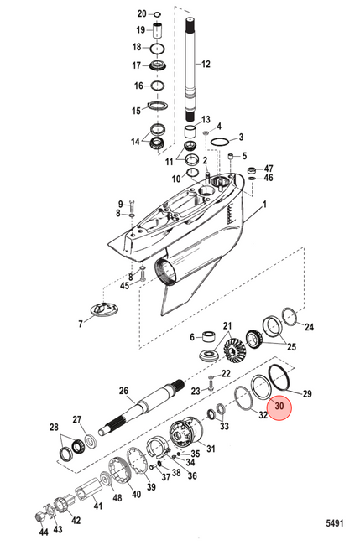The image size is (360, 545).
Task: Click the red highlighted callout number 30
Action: [279, 406]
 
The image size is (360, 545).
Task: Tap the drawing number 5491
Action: [335, 523]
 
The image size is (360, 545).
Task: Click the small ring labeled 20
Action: [157, 14]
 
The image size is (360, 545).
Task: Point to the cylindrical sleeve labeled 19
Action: [159, 30]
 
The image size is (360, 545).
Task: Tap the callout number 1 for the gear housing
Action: [264, 205]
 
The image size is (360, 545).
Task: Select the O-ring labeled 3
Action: [220, 142]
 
